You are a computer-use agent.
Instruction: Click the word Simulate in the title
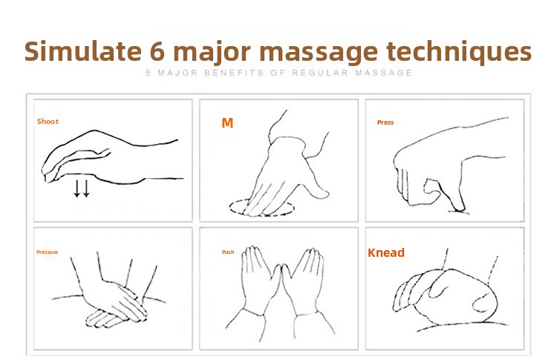tap(83, 51)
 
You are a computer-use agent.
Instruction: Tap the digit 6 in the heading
tap(157, 52)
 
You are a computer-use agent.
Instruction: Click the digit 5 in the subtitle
tap(149, 73)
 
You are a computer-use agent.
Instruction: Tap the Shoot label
tap(48, 122)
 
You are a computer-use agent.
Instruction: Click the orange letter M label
tap(227, 122)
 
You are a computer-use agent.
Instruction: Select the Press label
tap(385, 122)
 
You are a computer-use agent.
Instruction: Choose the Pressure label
tap(47, 252)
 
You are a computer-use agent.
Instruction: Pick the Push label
tap(228, 252)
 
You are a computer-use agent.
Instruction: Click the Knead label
tap(386, 253)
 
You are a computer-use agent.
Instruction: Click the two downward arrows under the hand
tap(82, 189)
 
